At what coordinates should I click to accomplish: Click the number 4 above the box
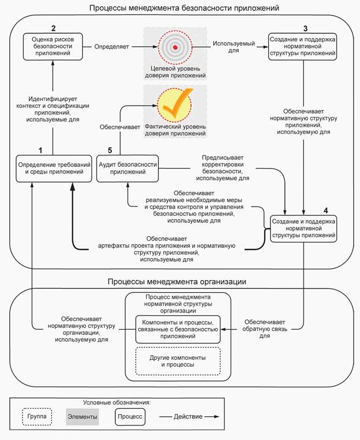[x=326, y=210]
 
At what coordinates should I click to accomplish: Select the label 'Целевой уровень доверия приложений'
[x=176, y=71]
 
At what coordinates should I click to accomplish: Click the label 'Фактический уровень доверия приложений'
[x=176, y=130]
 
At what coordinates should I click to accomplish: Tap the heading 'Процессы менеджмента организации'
[x=177, y=282]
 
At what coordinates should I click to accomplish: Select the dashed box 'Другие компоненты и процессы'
[x=177, y=361]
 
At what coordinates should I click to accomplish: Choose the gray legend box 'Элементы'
[x=83, y=416]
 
